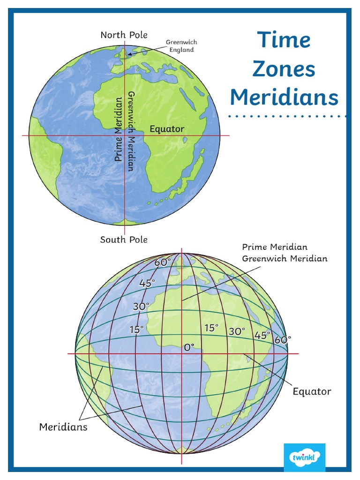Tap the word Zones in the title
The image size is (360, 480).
[x=284, y=69]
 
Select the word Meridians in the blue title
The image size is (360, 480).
[x=284, y=97]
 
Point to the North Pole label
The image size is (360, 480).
[x=124, y=35]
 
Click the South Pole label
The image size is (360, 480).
[x=124, y=240]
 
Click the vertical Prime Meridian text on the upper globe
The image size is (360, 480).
[x=119, y=129]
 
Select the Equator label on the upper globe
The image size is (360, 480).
[x=167, y=129]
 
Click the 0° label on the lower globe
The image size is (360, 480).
[x=189, y=347]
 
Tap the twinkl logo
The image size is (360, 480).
[x=304, y=457]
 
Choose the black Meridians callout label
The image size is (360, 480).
[x=63, y=427]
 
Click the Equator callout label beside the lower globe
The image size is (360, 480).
[x=312, y=391]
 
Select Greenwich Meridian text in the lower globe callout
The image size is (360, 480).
[x=285, y=258]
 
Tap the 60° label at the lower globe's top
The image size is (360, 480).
[x=163, y=263]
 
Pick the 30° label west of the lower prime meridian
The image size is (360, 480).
[x=141, y=307]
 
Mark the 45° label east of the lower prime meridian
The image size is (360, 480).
[x=262, y=335]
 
